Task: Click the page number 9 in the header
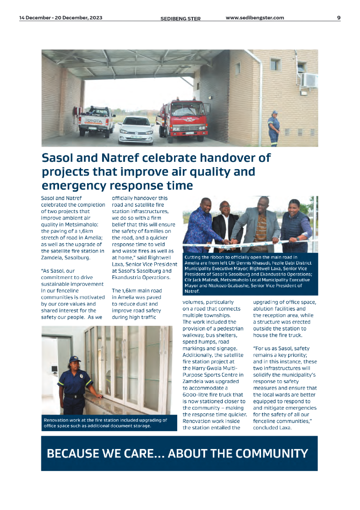[338, 18]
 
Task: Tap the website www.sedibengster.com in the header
[255, 18]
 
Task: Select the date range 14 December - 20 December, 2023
[61, 18]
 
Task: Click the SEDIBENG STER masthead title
[180, 18]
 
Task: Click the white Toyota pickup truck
[96, 121]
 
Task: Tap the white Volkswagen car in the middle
[136, 130]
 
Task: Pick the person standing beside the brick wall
[273, 128]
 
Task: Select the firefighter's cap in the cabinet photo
[74, 359]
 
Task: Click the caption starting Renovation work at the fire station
[105, 423]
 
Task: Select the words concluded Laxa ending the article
[272, 428]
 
